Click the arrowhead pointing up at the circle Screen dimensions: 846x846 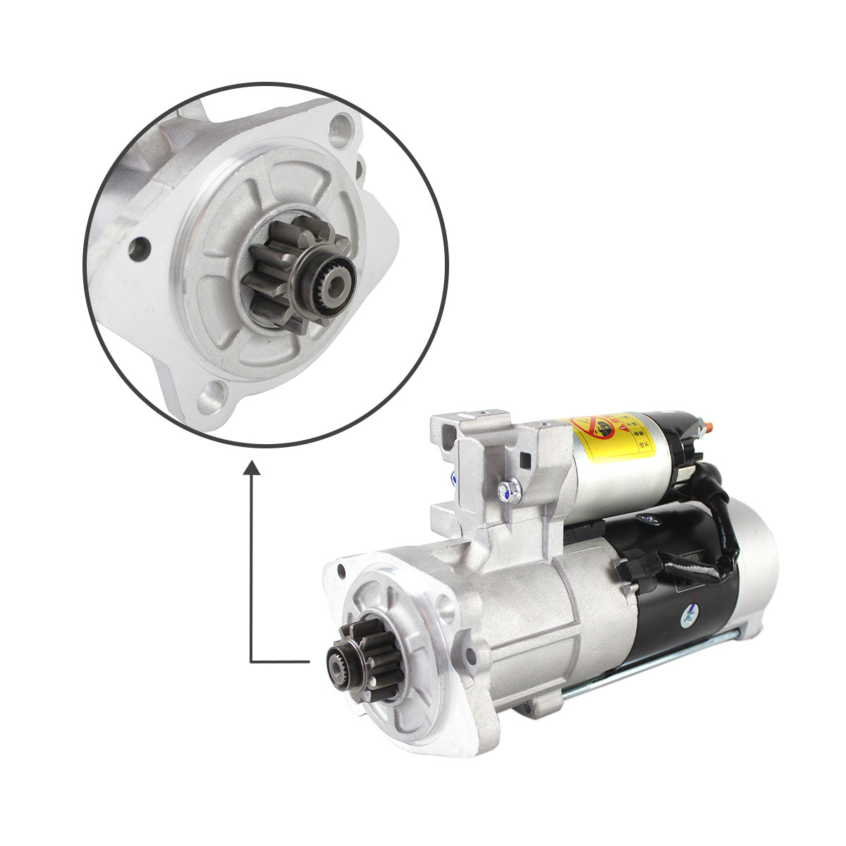252,469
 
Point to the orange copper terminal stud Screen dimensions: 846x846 709,427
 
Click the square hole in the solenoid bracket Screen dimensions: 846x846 525,461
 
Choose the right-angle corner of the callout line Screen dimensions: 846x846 252,662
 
